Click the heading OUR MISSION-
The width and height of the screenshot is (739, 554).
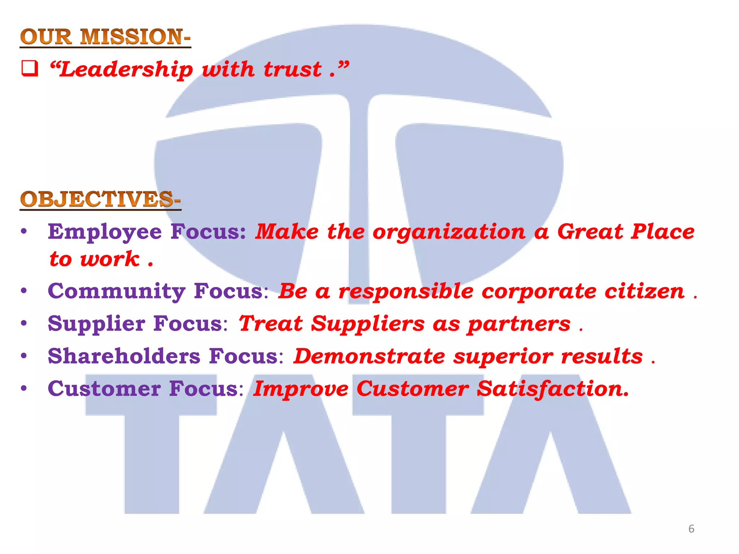[105, 37]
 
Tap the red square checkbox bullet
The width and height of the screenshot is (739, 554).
[30, 69]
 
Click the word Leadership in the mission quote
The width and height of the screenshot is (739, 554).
[126, 69]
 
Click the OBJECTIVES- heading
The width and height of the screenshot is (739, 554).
[100, 199]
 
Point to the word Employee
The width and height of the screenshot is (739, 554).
[105, 232]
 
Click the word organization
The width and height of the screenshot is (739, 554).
[449, 232]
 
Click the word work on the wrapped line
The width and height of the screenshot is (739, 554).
[110, 259]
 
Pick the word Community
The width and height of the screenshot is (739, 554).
[117, 291]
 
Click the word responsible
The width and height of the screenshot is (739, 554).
[406, 291]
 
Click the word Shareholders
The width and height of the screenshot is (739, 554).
[124, 356]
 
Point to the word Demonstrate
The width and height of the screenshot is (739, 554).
[369, 356]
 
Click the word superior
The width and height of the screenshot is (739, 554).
[503, 357]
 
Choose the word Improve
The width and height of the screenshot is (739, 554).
[301, 389]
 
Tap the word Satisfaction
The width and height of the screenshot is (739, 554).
[553, 389]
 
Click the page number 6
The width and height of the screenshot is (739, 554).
[691, 529]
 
